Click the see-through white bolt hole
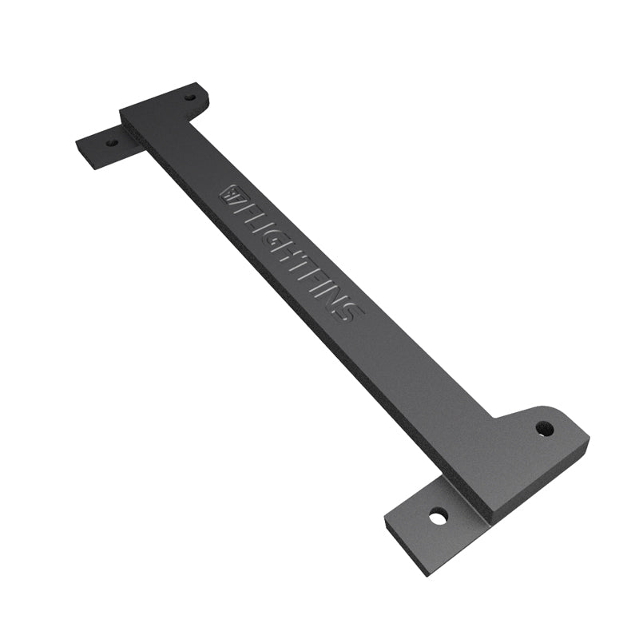437,517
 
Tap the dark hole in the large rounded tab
545,428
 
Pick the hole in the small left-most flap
111,144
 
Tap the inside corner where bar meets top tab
189,121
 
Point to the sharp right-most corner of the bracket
589,439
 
